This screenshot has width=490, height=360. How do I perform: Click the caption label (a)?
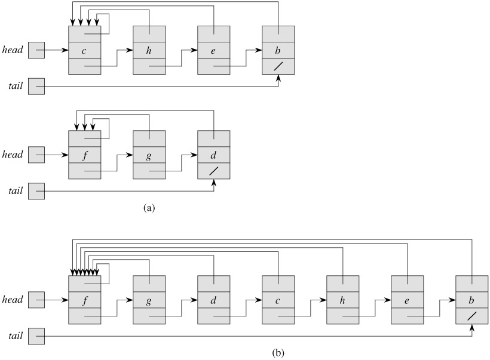tap(149, 208)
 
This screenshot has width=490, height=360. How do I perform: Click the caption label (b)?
tap(278, 352)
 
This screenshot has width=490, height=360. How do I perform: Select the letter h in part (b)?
tap(342, 299)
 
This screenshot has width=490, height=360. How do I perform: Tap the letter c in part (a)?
tap(84, 50)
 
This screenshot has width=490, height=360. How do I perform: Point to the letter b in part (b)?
tap(471, 299)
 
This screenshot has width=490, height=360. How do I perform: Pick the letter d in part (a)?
tap(213, 155)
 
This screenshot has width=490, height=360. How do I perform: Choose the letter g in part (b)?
tap(149, 299)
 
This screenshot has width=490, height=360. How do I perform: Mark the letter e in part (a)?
tap(213, 50)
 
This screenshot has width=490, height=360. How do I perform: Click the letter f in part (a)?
tap(84, 155)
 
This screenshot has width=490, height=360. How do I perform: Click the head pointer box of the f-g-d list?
tap(36, 155)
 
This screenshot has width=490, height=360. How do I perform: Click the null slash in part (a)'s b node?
tap(278, 66)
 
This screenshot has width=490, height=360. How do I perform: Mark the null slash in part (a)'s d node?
tap(213, 171)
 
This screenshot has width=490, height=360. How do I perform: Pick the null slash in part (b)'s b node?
tap(471, 315)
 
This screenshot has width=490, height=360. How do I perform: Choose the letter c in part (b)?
tap(278, 299)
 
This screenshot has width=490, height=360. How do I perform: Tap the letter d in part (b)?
tap(213, 299)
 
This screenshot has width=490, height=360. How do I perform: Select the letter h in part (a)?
tap(149, 50)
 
